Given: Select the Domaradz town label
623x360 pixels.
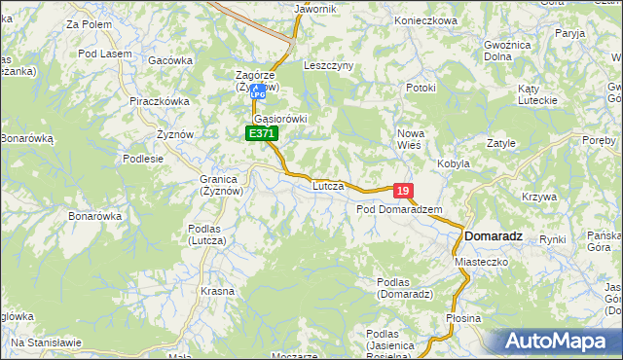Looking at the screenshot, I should [x=494, y=236].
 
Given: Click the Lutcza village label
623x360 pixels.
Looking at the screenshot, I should [x=328, y=184].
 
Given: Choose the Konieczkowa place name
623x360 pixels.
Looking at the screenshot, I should [x=425, y=20].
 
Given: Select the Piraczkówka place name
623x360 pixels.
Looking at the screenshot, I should [x=159, y=100].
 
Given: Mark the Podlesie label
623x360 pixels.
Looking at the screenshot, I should [x=143, y=159].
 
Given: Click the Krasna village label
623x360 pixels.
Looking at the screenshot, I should [x=217, y=291].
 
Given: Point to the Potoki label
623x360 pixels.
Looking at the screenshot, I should [x=421, y=89].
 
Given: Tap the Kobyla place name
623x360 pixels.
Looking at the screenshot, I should [x=454, y=163].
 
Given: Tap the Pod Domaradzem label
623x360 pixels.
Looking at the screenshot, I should [x=399, y=209].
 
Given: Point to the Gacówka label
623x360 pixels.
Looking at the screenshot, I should [x=170, y=59].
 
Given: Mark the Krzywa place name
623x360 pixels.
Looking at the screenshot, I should [x=538, y=197].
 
